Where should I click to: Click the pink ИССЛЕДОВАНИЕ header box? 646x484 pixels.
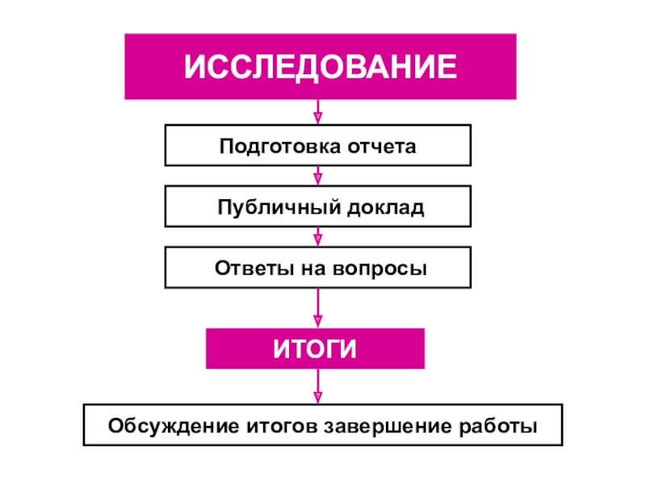320,66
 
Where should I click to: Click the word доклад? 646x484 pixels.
385,208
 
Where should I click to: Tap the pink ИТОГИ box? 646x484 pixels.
315,349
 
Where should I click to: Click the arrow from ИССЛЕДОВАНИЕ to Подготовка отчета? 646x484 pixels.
318,111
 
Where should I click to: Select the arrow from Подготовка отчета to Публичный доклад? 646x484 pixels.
318,176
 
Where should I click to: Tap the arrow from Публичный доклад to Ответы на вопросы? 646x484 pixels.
318,236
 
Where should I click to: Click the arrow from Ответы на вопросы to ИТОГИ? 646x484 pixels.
318,308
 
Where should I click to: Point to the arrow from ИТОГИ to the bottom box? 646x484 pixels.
318,387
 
